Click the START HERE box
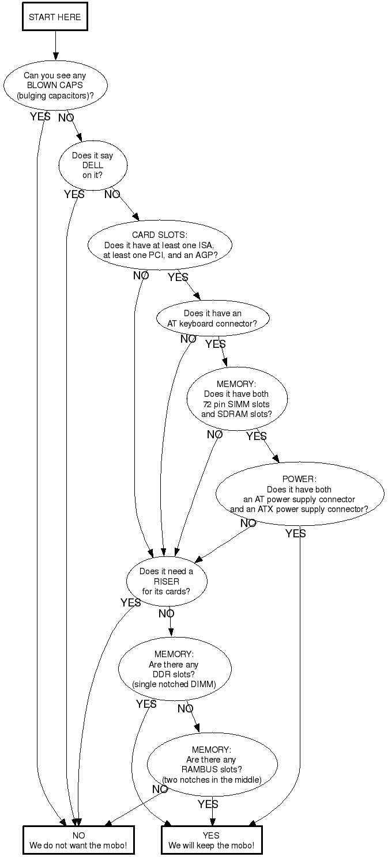(55, 17)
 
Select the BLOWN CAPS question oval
(55, 85)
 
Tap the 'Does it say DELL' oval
(92, 165)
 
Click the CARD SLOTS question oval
(160, 245)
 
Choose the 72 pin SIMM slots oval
(236, 399)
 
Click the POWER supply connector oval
(299, 494)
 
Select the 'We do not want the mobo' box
(78, 840)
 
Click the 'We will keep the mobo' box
(211, 840)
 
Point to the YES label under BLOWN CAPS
(40, 117)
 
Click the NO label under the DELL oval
(112, 195)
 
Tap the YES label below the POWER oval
(295, 534)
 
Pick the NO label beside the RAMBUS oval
(160, 789)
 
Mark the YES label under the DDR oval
(146, 704)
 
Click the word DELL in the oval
(92, 165)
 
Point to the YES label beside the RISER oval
(130, 602)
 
